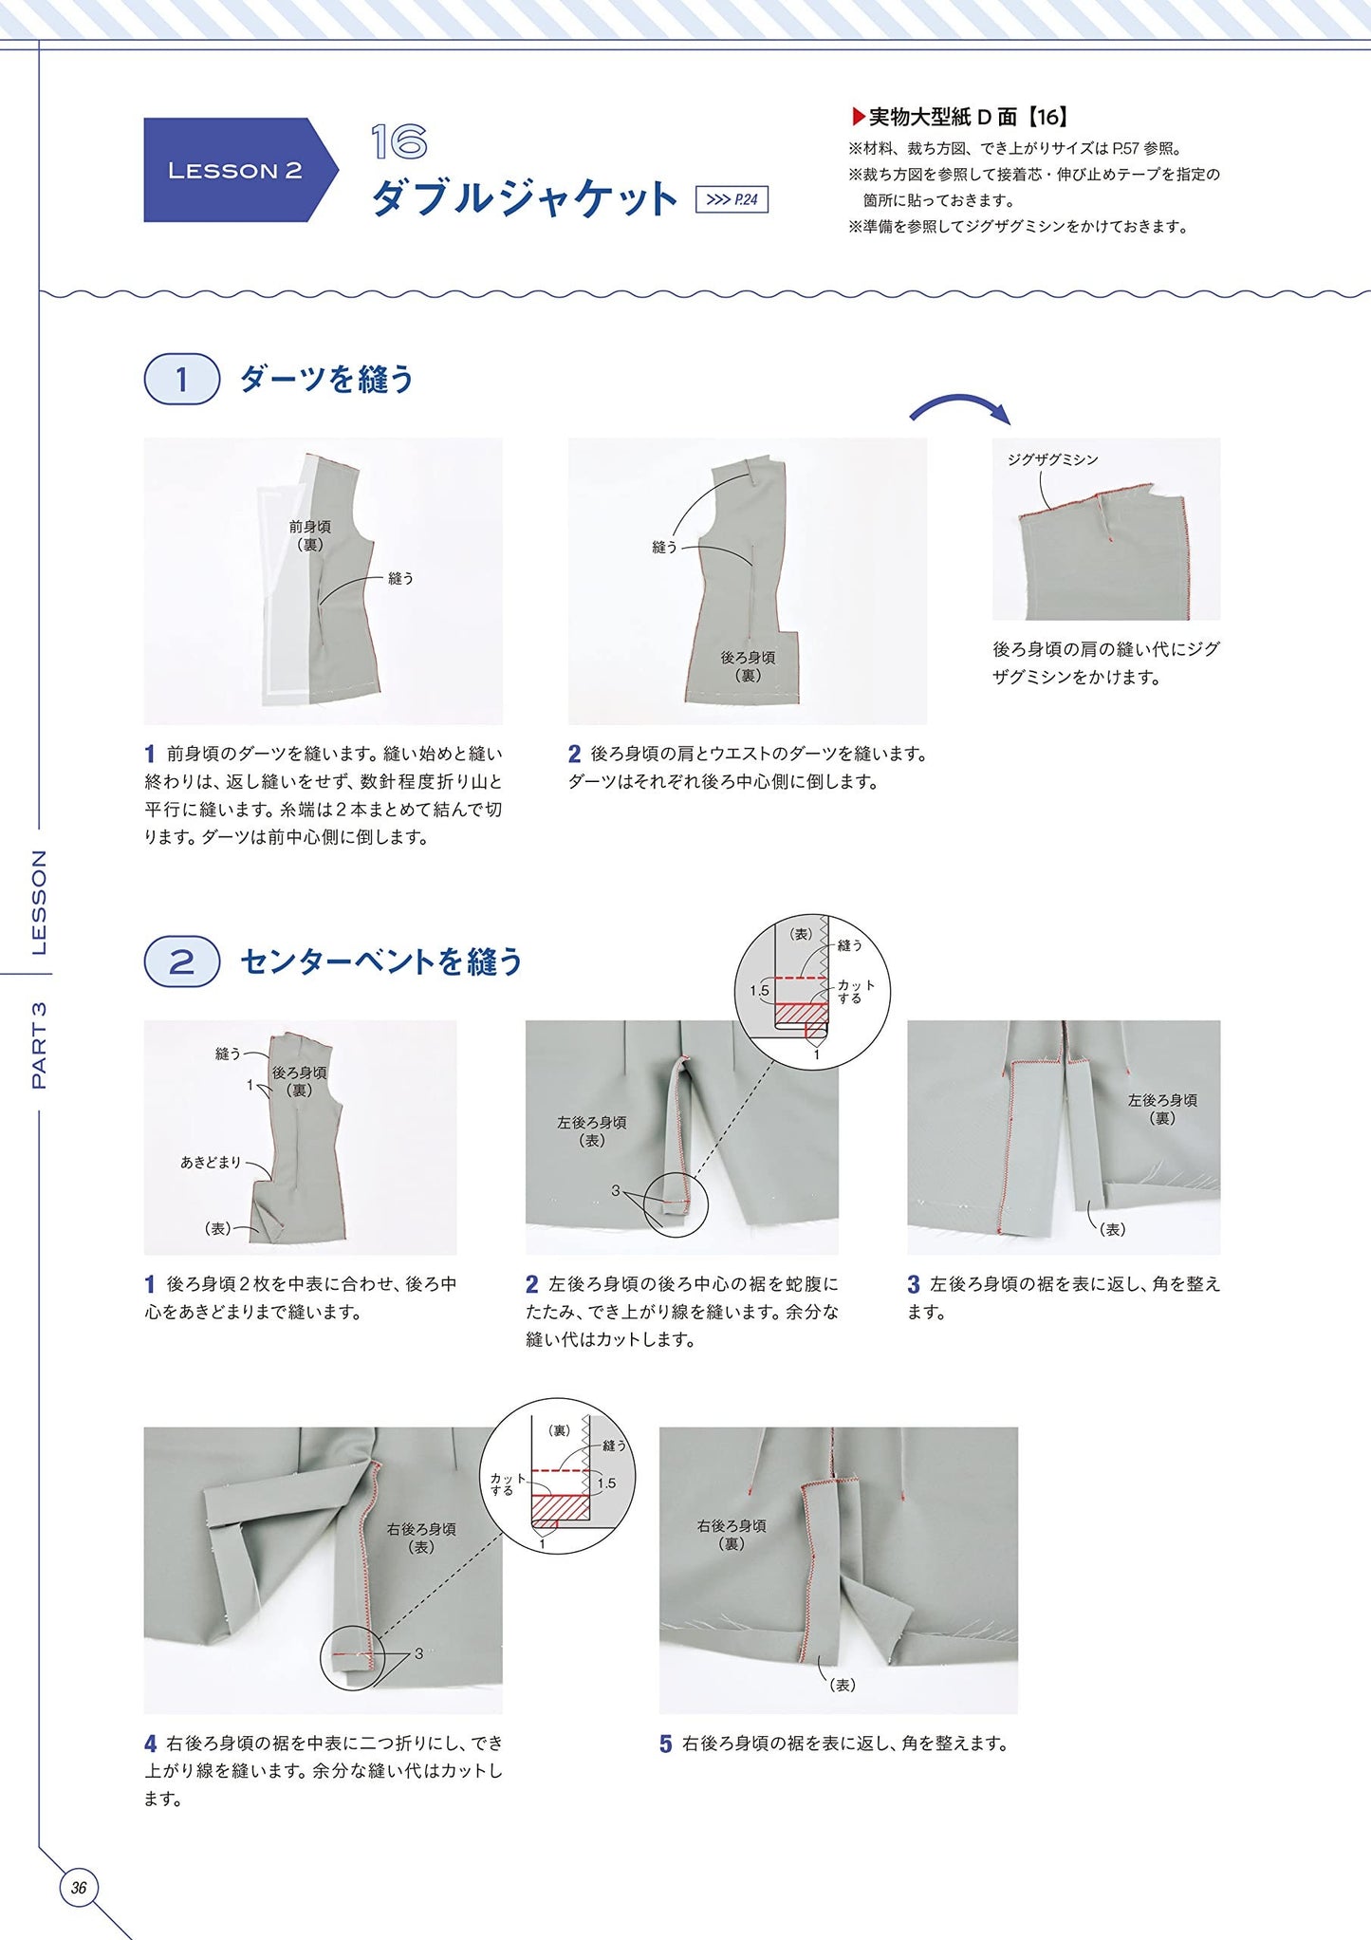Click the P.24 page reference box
click(x=732, y=199)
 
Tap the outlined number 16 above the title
click(x=398, y=142)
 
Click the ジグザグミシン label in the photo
click(x=1052, y=459)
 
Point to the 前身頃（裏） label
click(x=309, y=535)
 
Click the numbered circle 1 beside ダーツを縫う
click(x=181, y=380)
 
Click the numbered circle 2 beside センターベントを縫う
click(x=181, y=961)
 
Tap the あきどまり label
click(x=211, y=1162)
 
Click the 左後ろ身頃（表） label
click(x=592, y=1131)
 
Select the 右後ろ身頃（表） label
click(x=421, y=1538)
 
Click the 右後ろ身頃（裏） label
click(x=732, y=1535)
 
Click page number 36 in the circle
click(x=79, y=1888)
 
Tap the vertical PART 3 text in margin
click(x=39, y=1045)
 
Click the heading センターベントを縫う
click(x=381, y=961)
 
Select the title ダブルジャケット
click(x=524, y=198)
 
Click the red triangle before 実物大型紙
click(x=858, y=118)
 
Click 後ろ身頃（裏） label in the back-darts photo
click(x=748, y=666)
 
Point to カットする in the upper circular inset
click(x=855, y=991)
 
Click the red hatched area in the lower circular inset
click(x=560, y=1507)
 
